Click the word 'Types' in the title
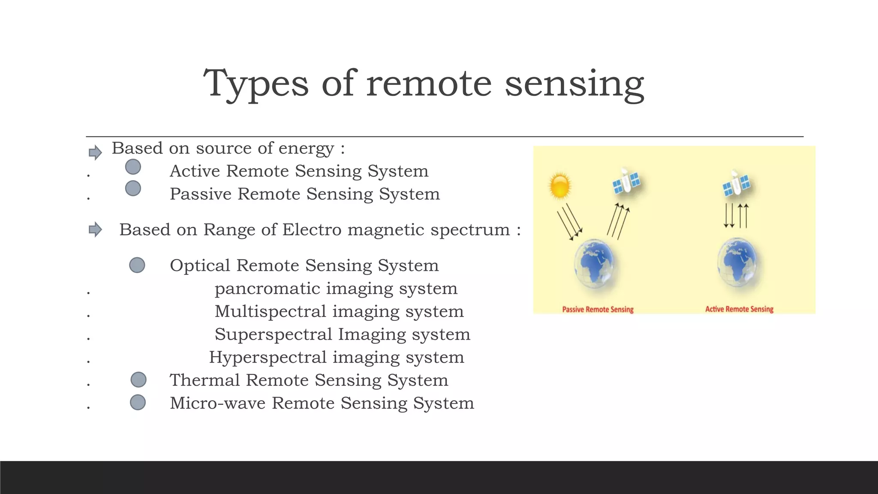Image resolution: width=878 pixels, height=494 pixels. (x=256, y=84)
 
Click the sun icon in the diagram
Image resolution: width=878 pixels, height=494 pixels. (x=560, y=186)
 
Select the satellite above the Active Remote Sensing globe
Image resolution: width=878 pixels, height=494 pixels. (x=736, y=184)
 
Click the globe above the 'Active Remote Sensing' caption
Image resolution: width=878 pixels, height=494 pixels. (x=737, y=263)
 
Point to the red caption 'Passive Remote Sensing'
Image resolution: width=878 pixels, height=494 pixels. (x=598, y=309)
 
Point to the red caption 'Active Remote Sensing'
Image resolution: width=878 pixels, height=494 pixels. (x=739, y=309)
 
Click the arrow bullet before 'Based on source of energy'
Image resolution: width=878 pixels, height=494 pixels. (x=95, y=152)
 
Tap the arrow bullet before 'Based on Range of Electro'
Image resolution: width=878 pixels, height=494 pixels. (x=95, y=229)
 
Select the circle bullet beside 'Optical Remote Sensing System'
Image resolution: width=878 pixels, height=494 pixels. (x=137, y=265)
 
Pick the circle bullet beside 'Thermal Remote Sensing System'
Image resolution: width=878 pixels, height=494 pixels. (x=138, y=380)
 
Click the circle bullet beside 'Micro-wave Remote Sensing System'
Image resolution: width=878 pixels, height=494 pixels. (x=138, y=402)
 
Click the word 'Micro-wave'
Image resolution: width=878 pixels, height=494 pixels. (x=218, y=403)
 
